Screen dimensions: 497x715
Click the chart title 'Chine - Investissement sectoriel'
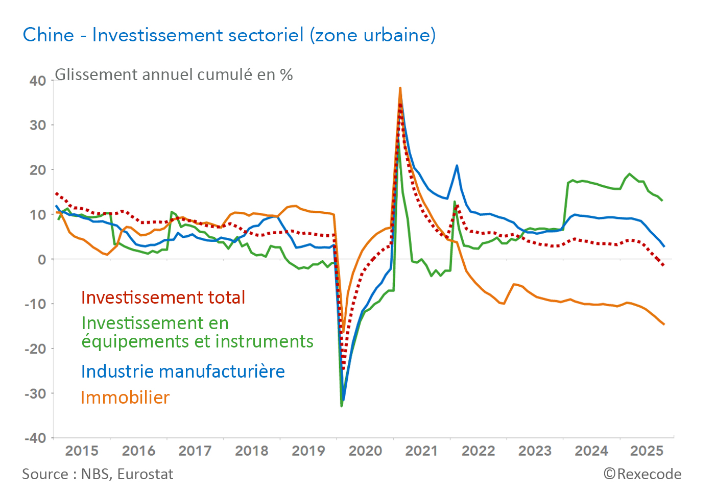pos(229,35)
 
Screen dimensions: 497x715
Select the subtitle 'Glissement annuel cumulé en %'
pos(174,75)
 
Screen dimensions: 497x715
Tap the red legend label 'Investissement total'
pos(163,297)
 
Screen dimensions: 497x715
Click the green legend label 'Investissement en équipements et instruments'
pos(197,332)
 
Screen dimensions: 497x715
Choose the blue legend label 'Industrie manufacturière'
pos(183,371)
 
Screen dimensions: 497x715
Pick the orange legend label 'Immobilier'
pos(125,397)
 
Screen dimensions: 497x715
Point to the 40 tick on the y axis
pos(38,81)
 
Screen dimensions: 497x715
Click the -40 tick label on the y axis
pos(35,438)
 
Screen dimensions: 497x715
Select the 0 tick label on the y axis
pos(42,260)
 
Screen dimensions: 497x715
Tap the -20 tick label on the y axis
pos(35,349)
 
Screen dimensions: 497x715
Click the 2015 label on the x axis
pos(82,451)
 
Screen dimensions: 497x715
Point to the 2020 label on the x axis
pos(365,451)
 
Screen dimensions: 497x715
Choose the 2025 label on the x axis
pos(647,451)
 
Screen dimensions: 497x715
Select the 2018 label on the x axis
pos(252,451)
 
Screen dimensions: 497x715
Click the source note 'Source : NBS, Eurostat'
pos(98,475)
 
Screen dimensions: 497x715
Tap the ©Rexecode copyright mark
pos(642,474)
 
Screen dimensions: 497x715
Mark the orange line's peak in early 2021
pos(400,88)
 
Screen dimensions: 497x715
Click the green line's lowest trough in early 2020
pos(341,406)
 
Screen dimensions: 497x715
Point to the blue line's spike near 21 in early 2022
pos(457,165)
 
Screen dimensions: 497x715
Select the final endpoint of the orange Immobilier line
pos(664,325)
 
